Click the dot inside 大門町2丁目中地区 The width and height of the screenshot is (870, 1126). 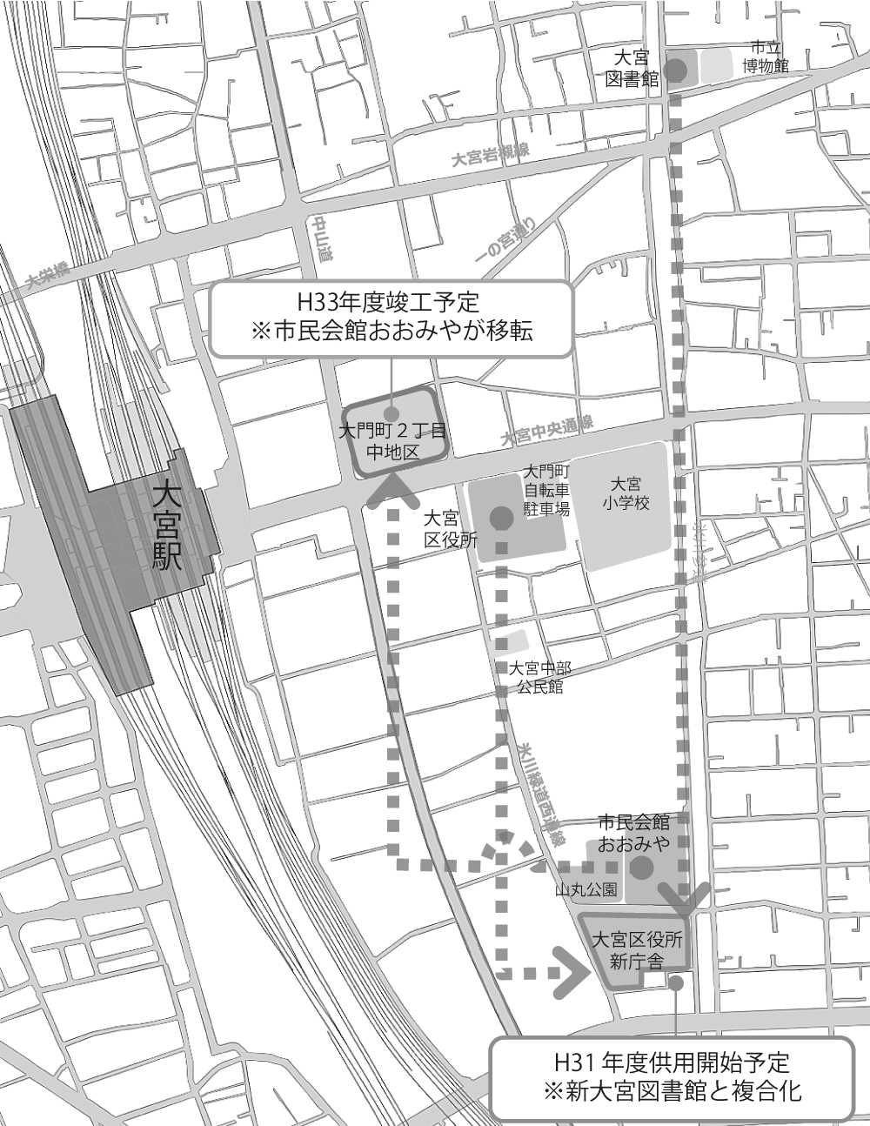pos(392,414)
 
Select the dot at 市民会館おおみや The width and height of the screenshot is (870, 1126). pos(641,868)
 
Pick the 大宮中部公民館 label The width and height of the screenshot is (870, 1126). pos(540,677)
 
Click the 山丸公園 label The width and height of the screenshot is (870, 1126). pos(587,890)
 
